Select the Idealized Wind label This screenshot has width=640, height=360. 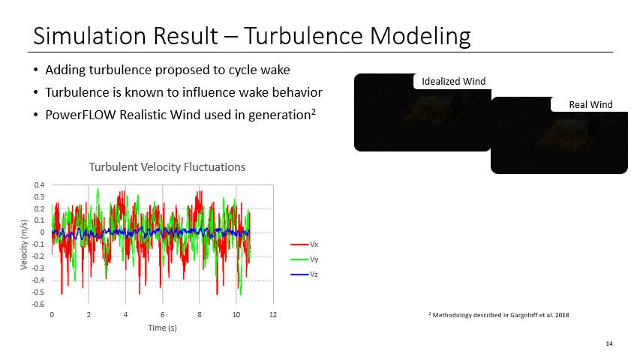pyautogui.click(x=453, y=81)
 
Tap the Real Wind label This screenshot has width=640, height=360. pyautogui.click(x=590, y=104)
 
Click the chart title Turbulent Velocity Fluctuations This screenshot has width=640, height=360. pyautogui.click(x=167, y=166)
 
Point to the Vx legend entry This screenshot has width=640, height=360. pyautogui.click(x=314, y=244)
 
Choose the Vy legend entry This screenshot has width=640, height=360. pyautogui.click(x=314, y=259)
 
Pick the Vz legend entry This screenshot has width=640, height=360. pyautogui.click(x=314, y=274)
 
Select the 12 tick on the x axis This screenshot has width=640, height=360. pyautogui.click(x=273, y=314)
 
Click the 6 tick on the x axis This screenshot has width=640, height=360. pyautogui.click(x=162, y=314)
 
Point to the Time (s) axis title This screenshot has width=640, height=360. pyautogui.click(x=162, y=328)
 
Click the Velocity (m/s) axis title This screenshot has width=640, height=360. pyautogui.click(x=24, y=244)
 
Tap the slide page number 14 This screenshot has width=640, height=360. pyautogui.click(x=608, y=343)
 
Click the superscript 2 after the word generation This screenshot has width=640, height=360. pyautogui.click(x=311, y=111)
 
